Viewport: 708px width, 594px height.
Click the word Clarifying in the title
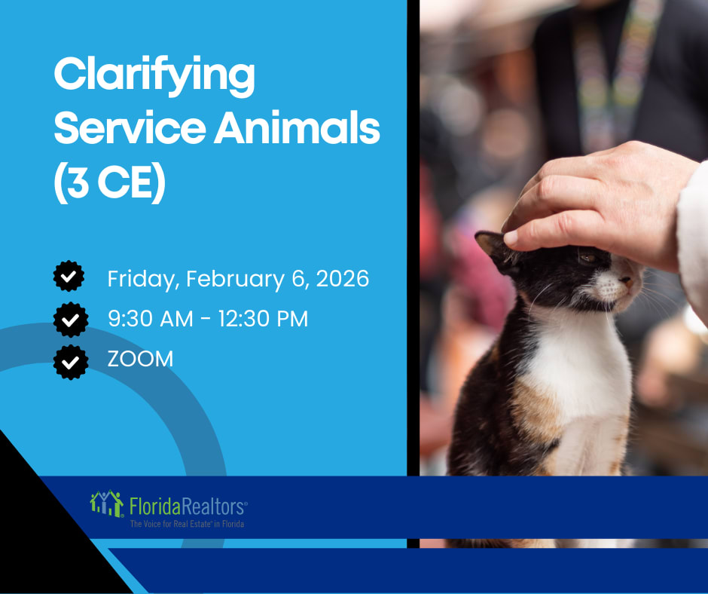(154, 76)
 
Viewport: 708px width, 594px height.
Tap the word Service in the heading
(130, 128)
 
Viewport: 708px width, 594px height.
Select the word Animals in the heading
(297, 128)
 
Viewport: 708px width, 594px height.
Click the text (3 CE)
(110, 182)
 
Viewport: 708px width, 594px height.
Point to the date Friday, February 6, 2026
(238, 278)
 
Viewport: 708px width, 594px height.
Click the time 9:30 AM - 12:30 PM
(208, 319)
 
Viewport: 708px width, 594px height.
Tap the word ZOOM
(140, 359)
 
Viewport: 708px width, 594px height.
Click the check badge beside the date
(69, 276)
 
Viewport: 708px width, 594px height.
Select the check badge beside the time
(71, 320)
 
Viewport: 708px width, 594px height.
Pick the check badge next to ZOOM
(71, 362)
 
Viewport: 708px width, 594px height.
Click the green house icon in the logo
(107, 503)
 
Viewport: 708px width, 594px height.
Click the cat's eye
(588, 258)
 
